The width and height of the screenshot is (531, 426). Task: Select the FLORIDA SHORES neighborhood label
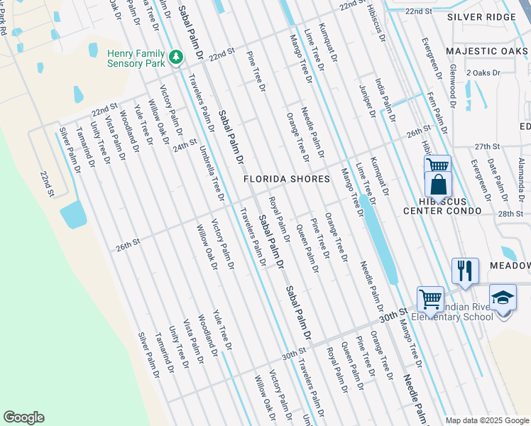(287, 179)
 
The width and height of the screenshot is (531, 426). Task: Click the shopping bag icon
(439, 185)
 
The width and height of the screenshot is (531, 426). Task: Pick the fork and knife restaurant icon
(464, 271)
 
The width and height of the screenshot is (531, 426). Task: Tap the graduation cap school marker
(503, 297)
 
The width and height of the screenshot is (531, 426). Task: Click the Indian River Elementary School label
(465, 312)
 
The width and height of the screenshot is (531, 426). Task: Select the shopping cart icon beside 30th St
(430, 299)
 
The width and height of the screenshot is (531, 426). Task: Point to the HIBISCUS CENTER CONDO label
(442, 206)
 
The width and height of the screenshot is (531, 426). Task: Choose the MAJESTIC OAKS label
(487, 51)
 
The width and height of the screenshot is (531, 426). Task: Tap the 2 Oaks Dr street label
(483, 73)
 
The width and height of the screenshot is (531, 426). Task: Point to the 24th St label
(185, 145)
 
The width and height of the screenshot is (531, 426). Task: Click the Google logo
(23, 417)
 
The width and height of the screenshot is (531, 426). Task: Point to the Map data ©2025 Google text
(486, 420)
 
